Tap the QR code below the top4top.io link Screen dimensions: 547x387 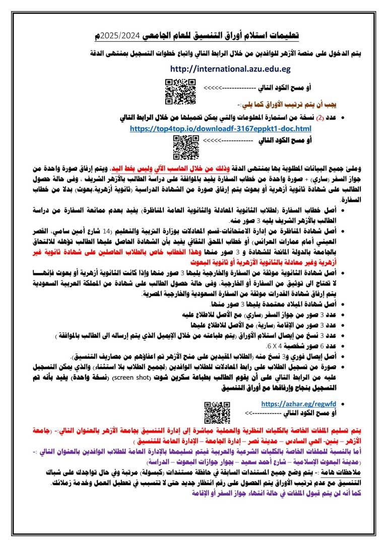click(x=183, y=147)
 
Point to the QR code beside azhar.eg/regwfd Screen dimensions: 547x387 click(x=217, y=413)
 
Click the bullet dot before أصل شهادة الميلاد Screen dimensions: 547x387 click(x=343, y=305)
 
